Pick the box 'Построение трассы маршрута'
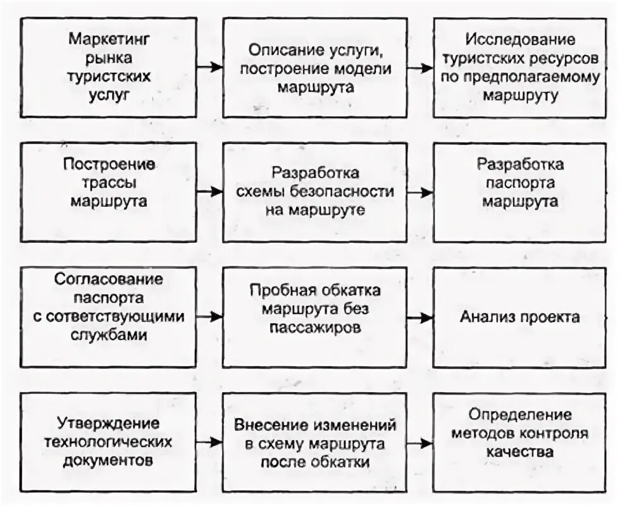109,192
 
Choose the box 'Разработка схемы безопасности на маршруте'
315,192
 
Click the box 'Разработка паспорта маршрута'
520,192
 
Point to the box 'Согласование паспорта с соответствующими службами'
109,316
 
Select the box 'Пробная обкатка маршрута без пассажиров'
315,316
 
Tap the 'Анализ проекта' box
520,316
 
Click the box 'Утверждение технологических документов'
109,441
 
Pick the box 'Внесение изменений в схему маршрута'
315,441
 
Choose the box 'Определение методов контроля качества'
520,441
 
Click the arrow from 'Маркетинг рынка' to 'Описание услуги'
211,66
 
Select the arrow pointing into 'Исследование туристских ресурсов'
419,66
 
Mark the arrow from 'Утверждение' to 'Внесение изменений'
211,441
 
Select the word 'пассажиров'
315,329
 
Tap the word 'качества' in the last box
520,452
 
